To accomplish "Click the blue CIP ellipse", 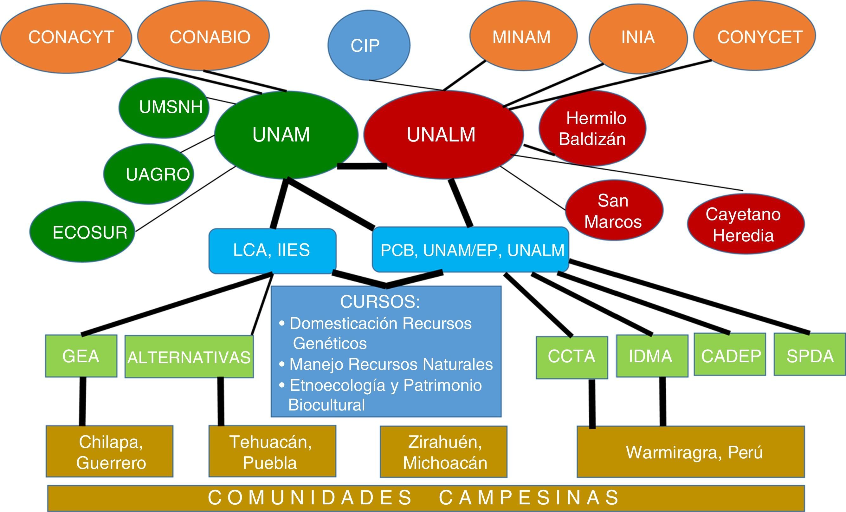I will [369, 45].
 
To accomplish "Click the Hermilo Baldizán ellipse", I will [592, 128].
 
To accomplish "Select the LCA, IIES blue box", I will [272, 251].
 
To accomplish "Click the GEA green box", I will [81, 356].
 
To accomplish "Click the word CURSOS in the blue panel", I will [380, 302].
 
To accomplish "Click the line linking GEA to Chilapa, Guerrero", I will [82, 401].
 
